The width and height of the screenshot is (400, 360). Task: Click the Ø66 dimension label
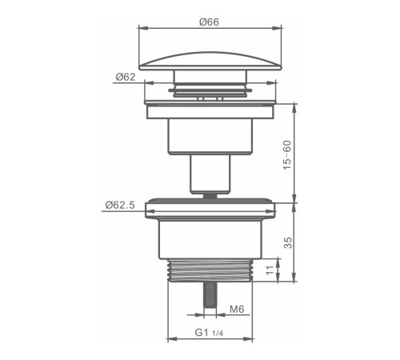[209, 22]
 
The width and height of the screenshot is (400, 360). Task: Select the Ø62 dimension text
[126, 77]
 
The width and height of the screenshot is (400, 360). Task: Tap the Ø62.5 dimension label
[120, 205]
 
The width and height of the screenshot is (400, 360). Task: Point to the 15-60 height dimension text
[287, 155]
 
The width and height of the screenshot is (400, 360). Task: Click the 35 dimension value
[288, 242]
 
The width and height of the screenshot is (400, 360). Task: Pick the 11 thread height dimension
[270, 270]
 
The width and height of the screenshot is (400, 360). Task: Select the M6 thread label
[237, 309]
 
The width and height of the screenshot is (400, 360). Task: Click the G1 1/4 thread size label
[209, 333]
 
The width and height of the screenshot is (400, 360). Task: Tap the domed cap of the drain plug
[210, 61]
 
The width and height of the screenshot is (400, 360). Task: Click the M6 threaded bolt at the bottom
[210, 294]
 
